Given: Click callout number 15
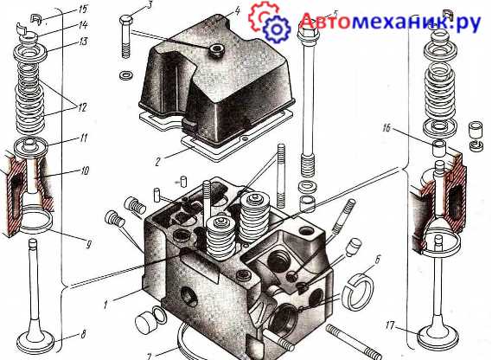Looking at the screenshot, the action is pos(82,9).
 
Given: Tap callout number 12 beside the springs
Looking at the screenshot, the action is pos(82,108).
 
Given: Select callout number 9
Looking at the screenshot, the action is pos(88,244).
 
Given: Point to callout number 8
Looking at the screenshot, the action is pos(83,335).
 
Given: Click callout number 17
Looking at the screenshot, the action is pos(390,325).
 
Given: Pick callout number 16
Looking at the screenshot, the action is pos(387,128).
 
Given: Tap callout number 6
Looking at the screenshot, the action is pos(378,260).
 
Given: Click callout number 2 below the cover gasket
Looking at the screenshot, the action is pos(158,162).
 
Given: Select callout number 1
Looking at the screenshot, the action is pos(106,304).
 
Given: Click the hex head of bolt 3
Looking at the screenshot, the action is pos(126,20).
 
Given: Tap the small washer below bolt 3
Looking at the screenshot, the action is pos(126,75).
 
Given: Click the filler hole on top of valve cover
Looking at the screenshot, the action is pos(216,49).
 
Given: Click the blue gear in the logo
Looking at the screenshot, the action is pos(276,29).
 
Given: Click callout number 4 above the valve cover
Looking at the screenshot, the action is pos(237,11).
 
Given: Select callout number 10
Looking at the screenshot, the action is pos(85,170).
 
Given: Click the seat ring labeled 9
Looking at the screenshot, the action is pos(35,220).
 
